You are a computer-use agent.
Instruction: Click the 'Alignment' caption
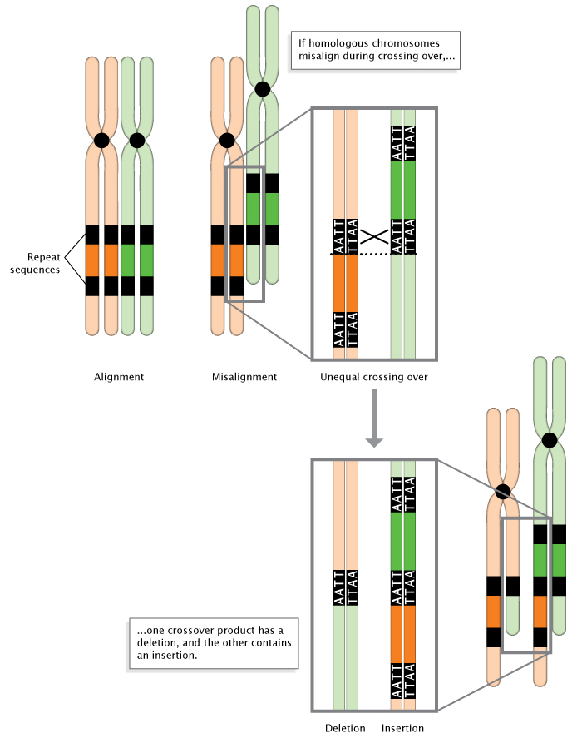click(x=119, y=377)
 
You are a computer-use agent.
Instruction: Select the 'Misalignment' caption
click(x=244, y=377)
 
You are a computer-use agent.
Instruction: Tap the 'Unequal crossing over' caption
click(x=373, y=377)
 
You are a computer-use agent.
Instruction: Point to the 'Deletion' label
click(x=345, y=728)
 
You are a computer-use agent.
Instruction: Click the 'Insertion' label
click(x=402, y=728)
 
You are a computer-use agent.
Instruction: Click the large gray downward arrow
click(x=374, y=420)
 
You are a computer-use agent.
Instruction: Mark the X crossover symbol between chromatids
click(x=374, y=236)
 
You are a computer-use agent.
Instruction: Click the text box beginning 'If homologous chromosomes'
click(x=373, y=51)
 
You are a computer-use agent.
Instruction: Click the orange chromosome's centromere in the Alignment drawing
click(x=101, y=141)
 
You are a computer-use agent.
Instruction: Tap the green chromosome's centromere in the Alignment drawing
click(x=137, y=141)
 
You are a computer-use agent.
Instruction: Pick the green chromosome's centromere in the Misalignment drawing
click(x=263, y=89)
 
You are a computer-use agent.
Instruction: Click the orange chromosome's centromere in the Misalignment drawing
click(x=226, y=141)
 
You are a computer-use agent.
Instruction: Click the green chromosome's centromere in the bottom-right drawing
click(x=549, y=440)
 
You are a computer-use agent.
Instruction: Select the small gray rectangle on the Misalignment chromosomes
click(x=245, y=234)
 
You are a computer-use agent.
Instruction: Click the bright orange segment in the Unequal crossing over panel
click(x=345, y=283)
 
